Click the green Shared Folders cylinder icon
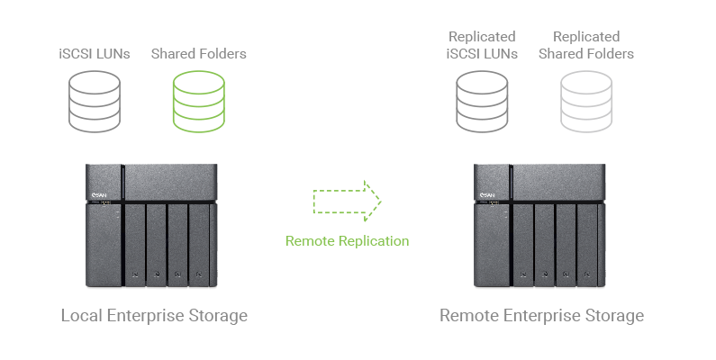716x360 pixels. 198,101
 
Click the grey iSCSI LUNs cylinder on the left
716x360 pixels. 95,101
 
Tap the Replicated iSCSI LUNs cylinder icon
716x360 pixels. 482,101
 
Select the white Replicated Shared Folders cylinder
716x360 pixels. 585,101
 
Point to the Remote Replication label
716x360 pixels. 347,241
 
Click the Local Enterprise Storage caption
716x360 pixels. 153,316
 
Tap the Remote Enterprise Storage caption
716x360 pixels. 541,316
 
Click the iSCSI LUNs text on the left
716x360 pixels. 93,54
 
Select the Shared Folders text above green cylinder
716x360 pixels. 198,54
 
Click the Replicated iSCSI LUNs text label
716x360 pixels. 482,45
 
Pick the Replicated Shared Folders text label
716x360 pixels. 586,45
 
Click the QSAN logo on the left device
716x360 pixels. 100,192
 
